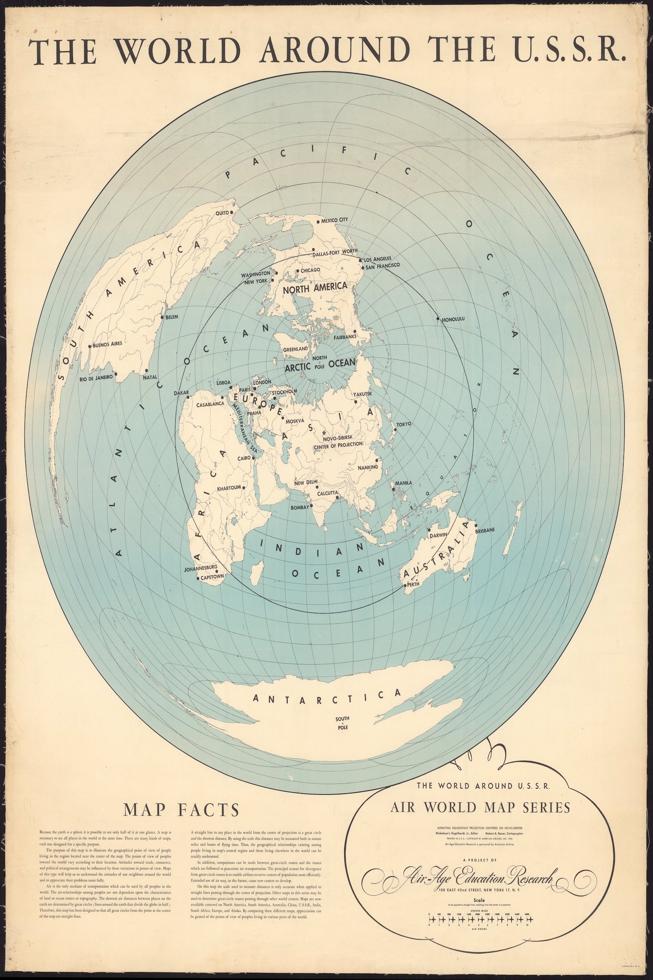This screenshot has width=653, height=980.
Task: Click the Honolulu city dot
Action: tap(438, 319)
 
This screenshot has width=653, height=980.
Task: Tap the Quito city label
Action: tap(222, 213)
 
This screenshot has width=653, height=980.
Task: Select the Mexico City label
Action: tap(334, 220)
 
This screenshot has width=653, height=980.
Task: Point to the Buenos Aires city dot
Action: tap(90, 346)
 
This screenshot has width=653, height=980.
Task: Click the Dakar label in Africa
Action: tap(181, 392)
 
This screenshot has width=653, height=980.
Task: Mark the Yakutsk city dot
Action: tap(356, 402)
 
